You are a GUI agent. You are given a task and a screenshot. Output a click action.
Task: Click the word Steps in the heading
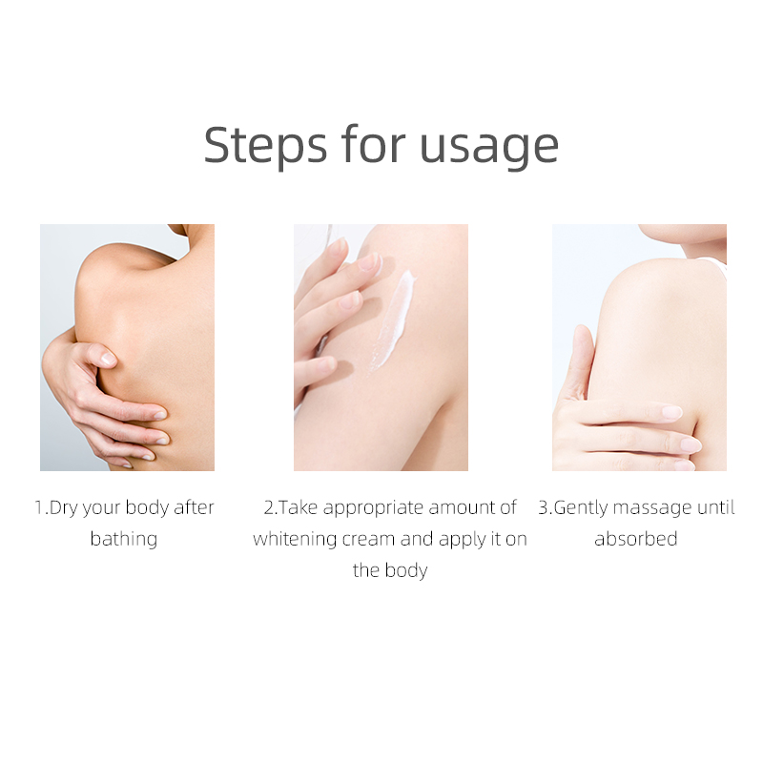tap(265, 146)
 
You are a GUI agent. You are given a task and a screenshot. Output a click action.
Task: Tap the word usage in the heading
tap(488, 148)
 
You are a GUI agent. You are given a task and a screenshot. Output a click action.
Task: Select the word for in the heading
tap(373, 144)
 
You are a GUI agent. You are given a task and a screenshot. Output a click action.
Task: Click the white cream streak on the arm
tap(393, 320)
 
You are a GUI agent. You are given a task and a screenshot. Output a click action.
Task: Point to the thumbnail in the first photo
tap(107, 359)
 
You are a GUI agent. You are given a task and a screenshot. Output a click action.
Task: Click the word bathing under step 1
tap(124, 539)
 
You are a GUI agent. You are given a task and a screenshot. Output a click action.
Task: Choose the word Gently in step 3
tap(581, 508)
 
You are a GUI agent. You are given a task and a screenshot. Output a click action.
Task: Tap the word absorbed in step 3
tap(636, 539)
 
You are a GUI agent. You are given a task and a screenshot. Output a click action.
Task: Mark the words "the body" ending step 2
tap(390, 570)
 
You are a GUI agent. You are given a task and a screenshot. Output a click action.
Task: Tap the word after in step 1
tap(195, 507)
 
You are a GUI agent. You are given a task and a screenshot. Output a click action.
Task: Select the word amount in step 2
tap(462, 508)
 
